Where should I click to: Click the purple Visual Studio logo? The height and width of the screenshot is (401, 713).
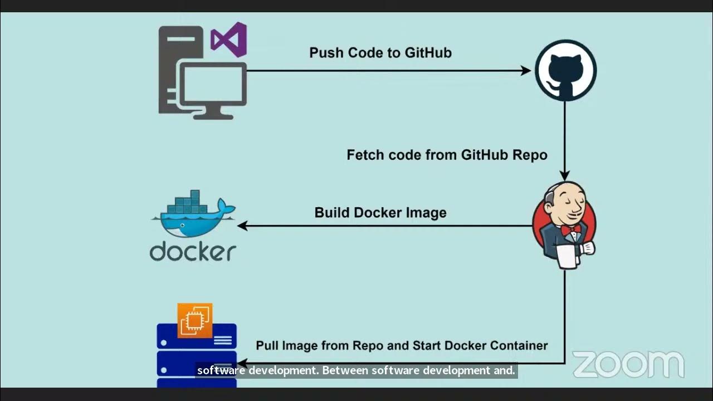(229, 40)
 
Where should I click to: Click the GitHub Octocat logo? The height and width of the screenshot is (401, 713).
(565, 70)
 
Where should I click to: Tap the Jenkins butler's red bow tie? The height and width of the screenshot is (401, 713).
(570, 229)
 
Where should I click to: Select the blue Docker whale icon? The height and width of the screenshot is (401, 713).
(192, 214)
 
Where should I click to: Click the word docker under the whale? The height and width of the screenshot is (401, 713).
(193, 252)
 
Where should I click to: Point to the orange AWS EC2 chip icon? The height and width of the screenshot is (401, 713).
(195, 320)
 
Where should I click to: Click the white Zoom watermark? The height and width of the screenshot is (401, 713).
(628, 365)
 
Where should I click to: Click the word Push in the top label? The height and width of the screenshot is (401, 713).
(326, 53)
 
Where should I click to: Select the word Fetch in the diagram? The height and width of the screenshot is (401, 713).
(365, 155)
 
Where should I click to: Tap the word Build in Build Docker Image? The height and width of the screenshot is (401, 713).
(333, 213)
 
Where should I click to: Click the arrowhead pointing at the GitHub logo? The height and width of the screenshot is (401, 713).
(525, 71)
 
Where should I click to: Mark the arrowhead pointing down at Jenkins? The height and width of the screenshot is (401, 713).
(565, 176)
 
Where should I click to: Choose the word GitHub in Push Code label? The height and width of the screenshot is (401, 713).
(428, 53)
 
